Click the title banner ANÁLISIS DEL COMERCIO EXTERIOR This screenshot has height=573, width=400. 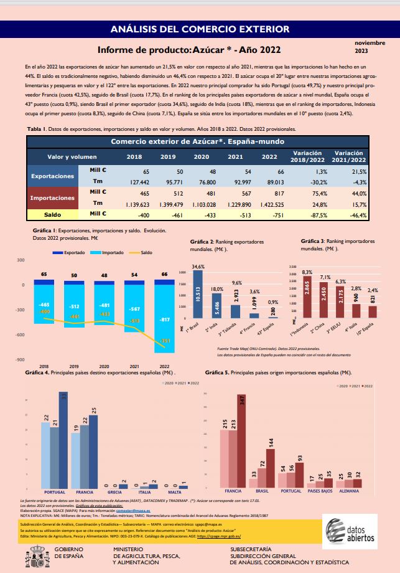click(200, 29)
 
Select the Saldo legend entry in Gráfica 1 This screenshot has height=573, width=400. click(142, 253)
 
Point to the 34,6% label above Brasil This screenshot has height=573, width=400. click(198, 267)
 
